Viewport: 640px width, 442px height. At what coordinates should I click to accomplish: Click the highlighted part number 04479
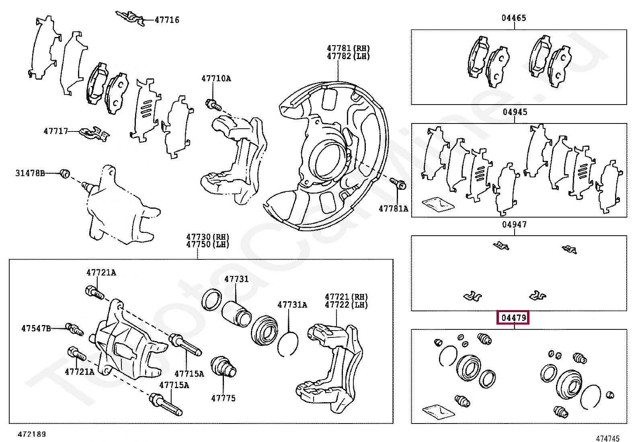(x=514, y=318)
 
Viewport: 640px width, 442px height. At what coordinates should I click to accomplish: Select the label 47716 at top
(x=167, y=20)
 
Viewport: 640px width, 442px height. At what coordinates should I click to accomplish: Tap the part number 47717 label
(x=56, y=131)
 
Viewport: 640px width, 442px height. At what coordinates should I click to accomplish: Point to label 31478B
(x=30, y=173)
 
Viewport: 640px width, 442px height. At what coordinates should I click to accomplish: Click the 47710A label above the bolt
(x=216, y=78)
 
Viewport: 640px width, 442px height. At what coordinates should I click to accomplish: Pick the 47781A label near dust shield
(x=393, y=208)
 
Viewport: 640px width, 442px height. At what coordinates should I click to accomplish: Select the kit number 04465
(x=514, y=18)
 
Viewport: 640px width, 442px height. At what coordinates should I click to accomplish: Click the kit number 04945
(x=515, y=112)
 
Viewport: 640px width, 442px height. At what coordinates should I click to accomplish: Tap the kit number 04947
(x=514, y=224)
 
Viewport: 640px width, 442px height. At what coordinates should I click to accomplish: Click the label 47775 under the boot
(x=223, y=398)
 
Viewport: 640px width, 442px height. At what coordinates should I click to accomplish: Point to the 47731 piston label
(x=236, y=279)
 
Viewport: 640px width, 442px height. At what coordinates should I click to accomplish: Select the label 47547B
(x=36, y=328)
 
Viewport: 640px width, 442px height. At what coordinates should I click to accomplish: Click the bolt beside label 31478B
(x=65, y=174)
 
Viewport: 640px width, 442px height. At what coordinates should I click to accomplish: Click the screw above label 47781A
(x=398, y=183)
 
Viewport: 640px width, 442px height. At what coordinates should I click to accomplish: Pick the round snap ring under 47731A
(x=288, y=344)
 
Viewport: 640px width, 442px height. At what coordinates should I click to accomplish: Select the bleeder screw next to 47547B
(x=75, y=329)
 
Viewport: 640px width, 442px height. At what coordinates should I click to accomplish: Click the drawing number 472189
(x=32, y=434)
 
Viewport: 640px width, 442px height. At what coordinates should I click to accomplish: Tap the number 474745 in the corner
(x=607, y=438)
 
